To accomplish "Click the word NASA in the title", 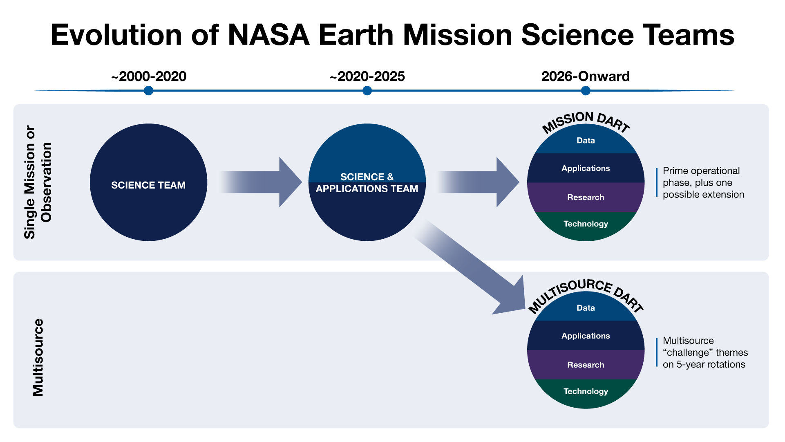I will coord(268,35).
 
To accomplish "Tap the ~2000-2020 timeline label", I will coord(149,76).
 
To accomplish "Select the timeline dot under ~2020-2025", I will coord(367,91).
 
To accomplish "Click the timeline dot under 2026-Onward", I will coord(586,91).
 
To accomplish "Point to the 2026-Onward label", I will coord(585,76).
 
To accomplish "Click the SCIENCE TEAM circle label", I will coord(148,185).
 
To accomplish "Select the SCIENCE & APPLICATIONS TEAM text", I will coord(367,183).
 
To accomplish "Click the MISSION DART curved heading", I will coord(586,121).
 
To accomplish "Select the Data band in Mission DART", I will coord(586,141).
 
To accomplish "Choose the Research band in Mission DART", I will coord(586,197).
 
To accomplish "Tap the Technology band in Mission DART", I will coord(586,224).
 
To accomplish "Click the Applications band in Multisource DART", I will coord(586,336).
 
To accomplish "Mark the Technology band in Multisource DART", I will coord(586,391).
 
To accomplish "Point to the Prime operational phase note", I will coord(703,182).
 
